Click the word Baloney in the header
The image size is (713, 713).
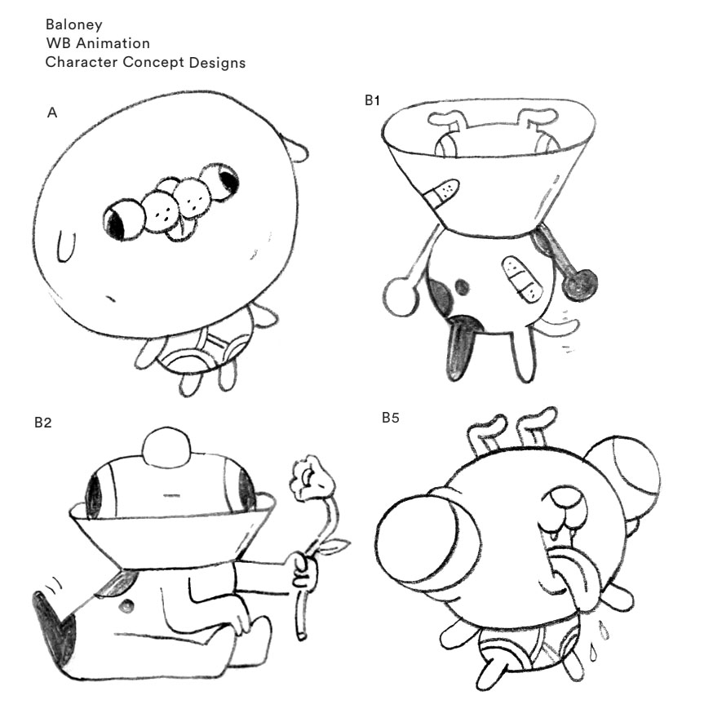coord(73,24)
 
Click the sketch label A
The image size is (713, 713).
coord(52,113)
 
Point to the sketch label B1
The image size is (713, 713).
coord(373,100)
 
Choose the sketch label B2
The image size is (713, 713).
coord(43,423)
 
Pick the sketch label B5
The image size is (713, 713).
coord(391,418)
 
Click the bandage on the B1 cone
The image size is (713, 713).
coord(441,192)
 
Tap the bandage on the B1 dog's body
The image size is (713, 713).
coord(521,278)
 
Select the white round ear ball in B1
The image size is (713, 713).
coord(401,296)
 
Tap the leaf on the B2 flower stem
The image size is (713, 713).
coord(336,545)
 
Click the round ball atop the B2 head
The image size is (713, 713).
coord(166,447)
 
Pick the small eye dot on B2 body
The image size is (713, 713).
coord(126,605)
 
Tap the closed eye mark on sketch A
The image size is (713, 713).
coord(66,246)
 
